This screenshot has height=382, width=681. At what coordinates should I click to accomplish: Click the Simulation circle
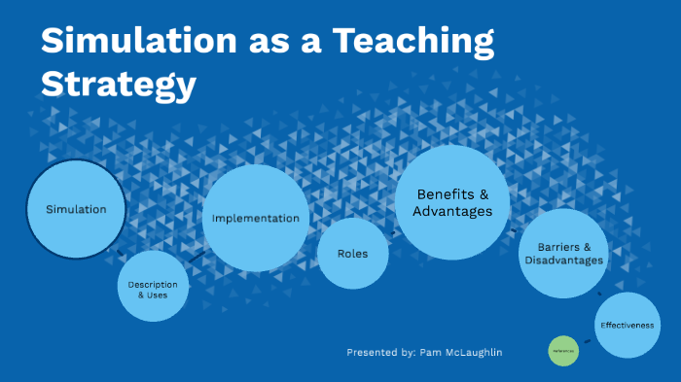coord(76,209)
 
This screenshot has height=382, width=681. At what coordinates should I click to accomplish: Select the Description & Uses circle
coord(153,287)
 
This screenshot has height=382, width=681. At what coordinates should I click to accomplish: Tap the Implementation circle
coord(256,218)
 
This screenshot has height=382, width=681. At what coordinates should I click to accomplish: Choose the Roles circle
coord(352,254)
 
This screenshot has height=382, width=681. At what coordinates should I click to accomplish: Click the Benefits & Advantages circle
coord(452,202)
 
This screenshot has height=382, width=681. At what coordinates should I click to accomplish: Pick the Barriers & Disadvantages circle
coord(563,254)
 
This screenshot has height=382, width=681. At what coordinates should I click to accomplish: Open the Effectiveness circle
coord(627,325)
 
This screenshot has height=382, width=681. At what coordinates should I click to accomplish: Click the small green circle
coord(563,351)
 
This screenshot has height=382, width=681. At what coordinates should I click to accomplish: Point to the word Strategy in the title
coord(118,85)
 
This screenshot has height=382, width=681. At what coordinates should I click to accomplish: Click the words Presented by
coord(380,352)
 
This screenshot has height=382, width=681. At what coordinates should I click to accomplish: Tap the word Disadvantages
coord(563,260)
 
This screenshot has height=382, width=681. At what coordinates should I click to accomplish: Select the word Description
coord(153,283)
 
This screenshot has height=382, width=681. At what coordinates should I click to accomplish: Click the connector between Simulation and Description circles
coord(120,252)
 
